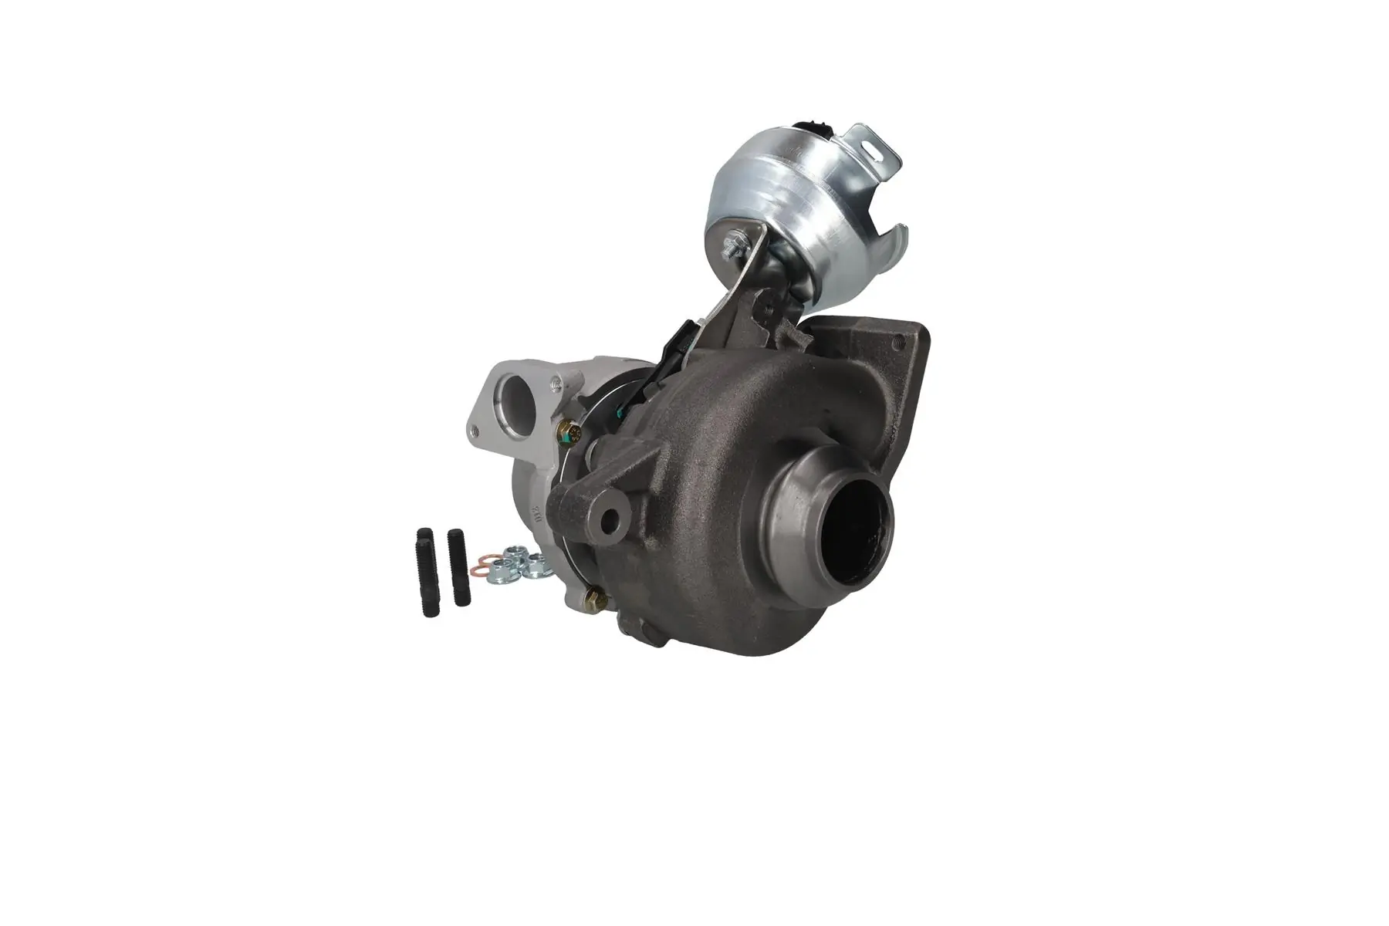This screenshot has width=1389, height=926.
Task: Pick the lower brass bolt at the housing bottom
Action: (x=594, y=599)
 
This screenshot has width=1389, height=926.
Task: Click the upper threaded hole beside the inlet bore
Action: (x=554, y=380)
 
